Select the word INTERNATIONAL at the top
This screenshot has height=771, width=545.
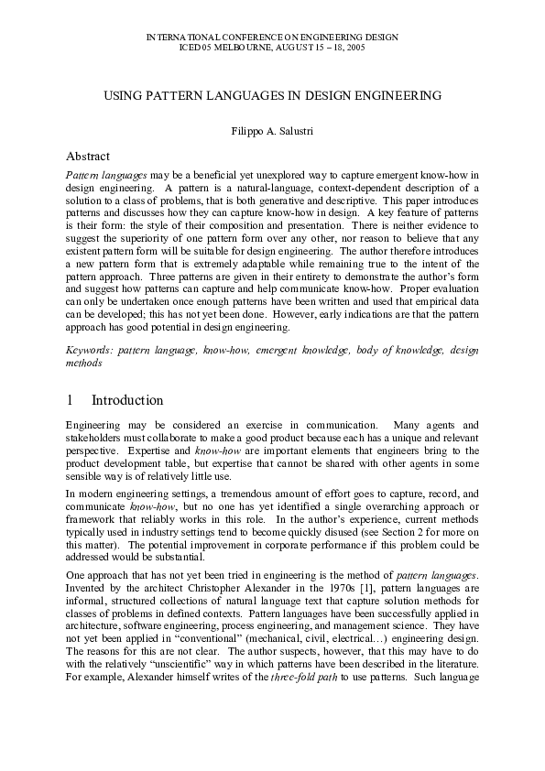tap(180, 35)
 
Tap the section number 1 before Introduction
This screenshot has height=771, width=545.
tap(71, 400)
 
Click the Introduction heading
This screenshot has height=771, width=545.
tap(127, 400)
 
